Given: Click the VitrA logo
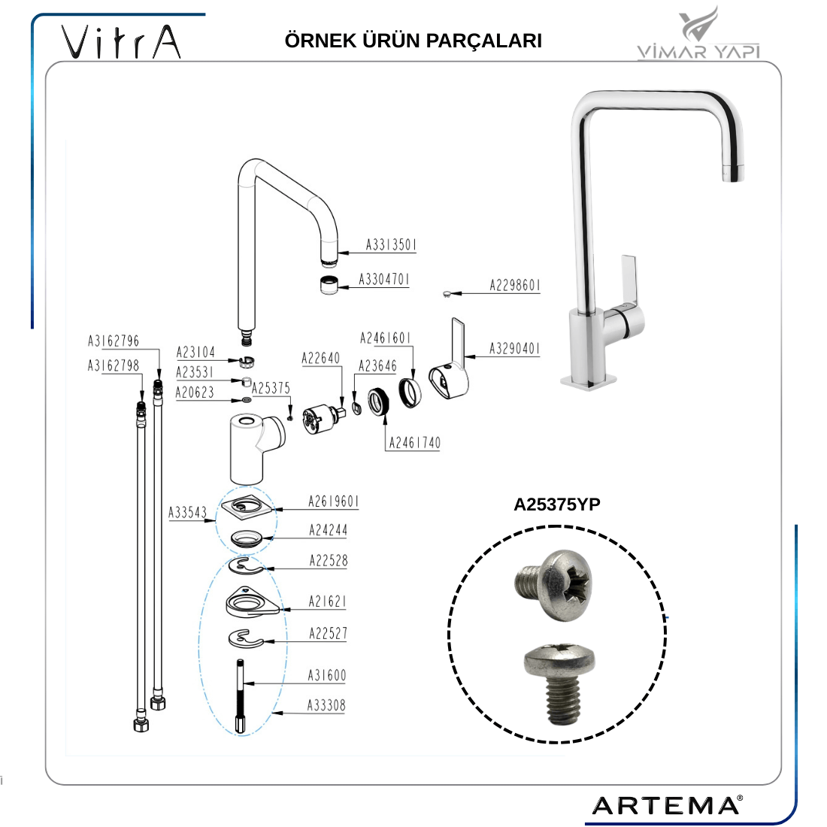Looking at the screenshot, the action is pos(121,41).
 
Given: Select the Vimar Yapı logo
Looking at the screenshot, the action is pos(698,32).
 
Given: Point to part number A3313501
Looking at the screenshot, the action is pos(391,245).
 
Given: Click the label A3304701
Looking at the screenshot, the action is pos(384,279).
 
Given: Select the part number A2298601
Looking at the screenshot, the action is pos(515,286).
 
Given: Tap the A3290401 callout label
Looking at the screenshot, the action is pos(514,349).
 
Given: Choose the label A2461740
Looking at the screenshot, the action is pos(414,443).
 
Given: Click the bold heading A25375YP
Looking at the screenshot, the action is pos(557,504).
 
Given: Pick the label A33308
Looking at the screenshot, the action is pos(326,705).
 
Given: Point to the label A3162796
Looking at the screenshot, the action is pos(114,341).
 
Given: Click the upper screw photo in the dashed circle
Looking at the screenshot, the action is pos(553,585).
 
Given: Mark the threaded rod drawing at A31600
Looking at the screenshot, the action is pos(241,696).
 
